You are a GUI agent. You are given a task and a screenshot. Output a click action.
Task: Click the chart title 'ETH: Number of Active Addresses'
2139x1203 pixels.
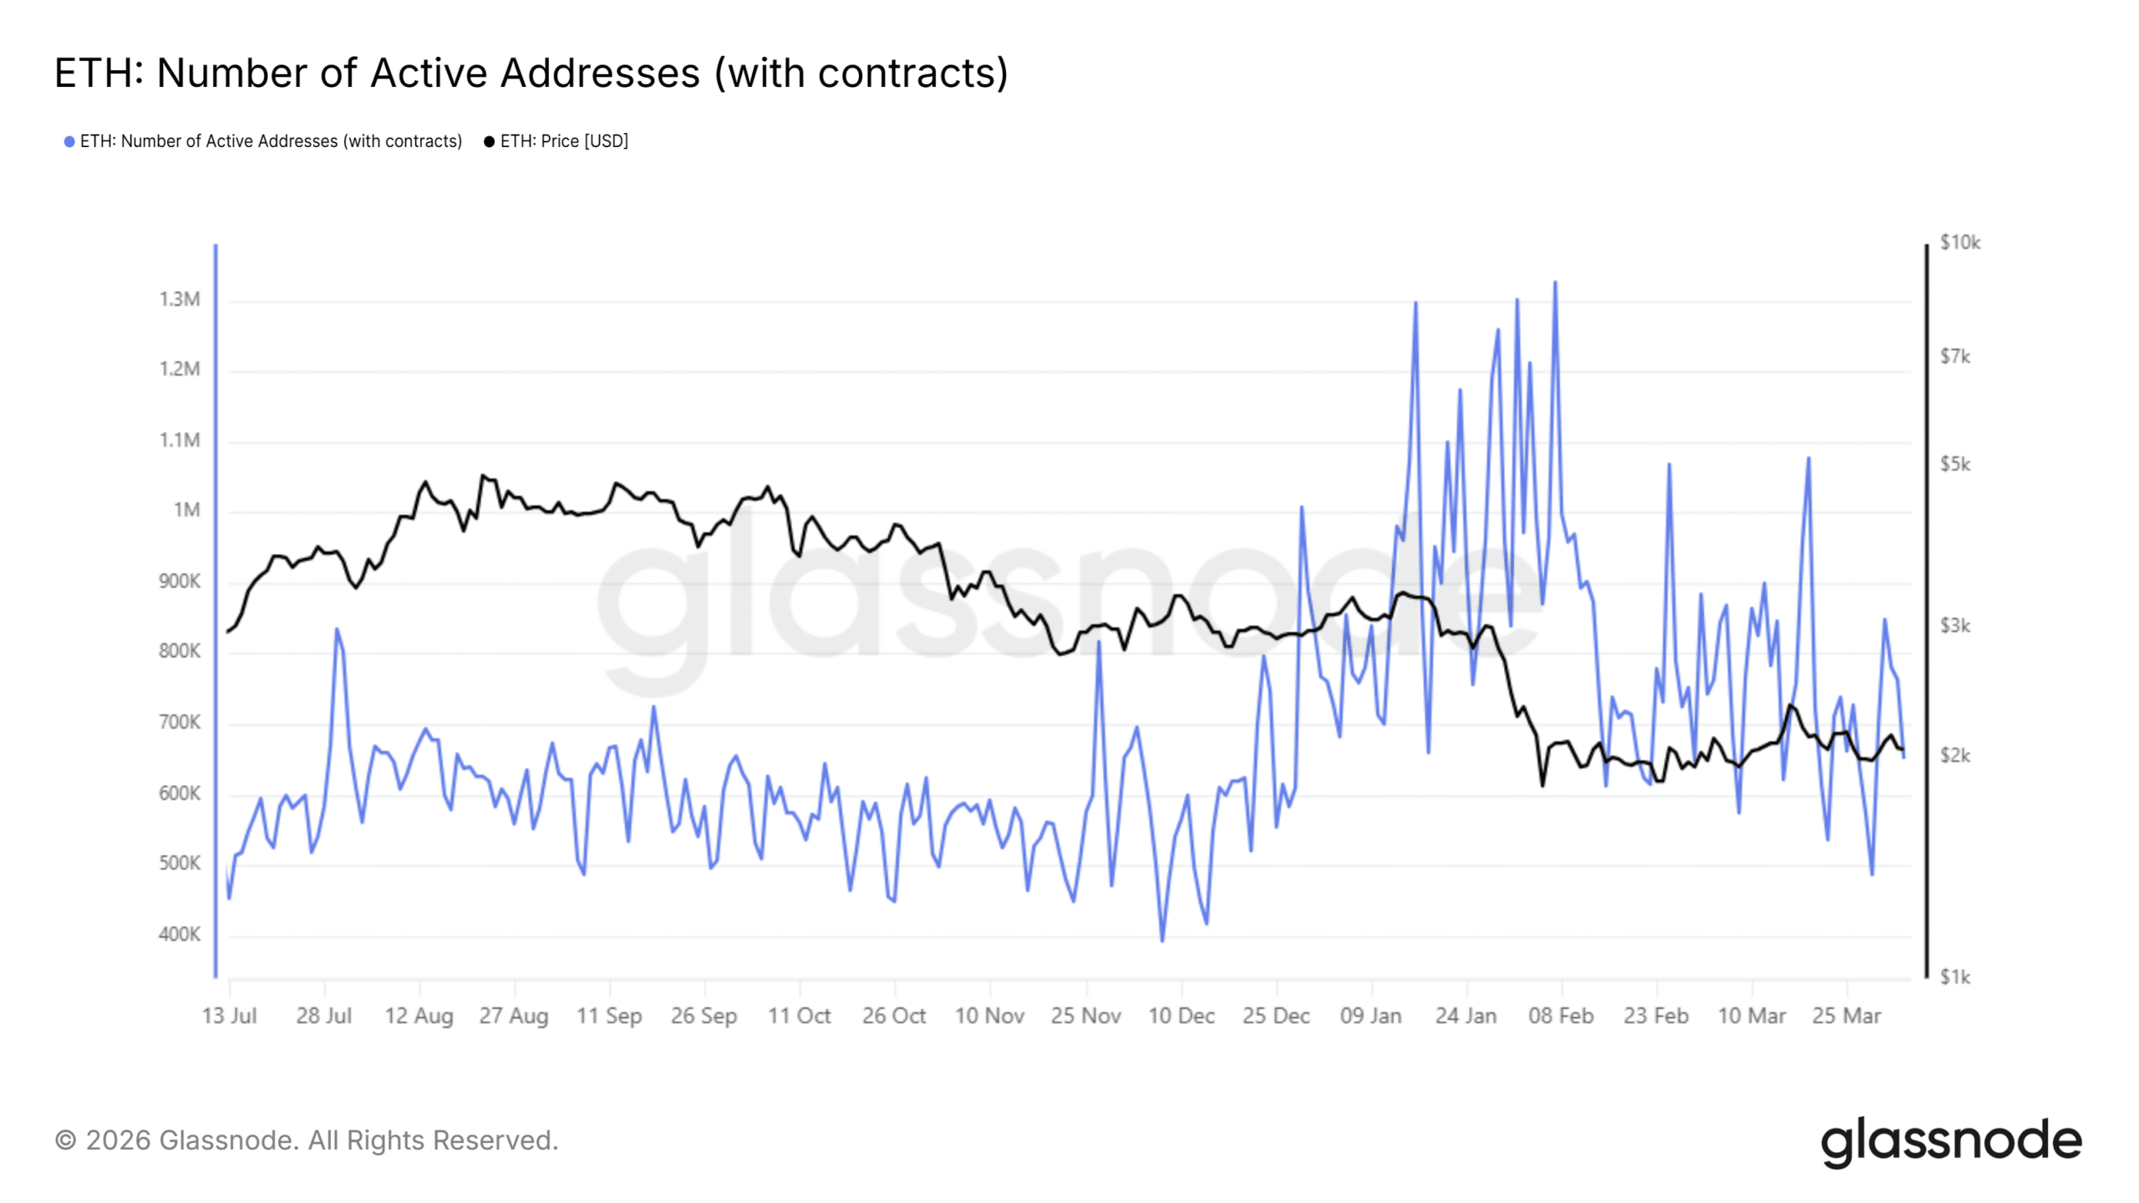(x=531, y=74)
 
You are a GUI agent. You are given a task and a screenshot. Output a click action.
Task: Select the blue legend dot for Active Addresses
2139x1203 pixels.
(x=69, y=142)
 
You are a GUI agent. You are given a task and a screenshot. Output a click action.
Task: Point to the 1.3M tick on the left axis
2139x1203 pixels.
(x=180, y=299)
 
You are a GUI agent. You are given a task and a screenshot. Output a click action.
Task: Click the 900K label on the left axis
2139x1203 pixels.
(x=180, y=581)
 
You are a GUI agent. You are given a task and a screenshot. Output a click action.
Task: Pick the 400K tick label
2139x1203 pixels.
(x=180, y=934)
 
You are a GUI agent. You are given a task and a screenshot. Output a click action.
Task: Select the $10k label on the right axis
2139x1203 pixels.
(x=1959, y=242)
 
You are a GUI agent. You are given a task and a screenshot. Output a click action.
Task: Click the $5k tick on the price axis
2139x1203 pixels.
(x=1955, y=464)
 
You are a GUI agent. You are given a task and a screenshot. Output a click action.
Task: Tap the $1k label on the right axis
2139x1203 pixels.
(x=1955, y=977)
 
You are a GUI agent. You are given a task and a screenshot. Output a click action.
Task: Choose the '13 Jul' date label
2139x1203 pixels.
(x=229, y=1016)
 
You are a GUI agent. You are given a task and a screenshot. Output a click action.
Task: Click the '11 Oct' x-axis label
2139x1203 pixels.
(x=799, y=1016)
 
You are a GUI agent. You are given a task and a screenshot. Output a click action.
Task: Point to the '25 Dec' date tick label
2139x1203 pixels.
(x=1276, y=1016)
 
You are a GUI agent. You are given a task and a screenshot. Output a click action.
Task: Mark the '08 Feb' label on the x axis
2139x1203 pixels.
(x=1561, y=1016)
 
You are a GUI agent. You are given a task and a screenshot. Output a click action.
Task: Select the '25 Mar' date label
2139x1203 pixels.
(x=1847, y=1016)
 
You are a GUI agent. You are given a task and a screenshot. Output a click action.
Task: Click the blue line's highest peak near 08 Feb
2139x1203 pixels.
(x=1555, y=282)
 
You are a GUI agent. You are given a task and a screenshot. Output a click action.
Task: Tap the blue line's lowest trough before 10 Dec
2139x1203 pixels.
(x=1162, y=941)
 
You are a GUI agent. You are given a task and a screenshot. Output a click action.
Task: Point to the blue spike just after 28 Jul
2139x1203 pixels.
(x=337, y=629)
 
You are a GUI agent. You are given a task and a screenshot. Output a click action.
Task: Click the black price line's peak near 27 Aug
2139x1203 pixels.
(x=482, y=475)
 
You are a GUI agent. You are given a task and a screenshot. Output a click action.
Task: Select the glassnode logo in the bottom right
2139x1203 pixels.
(x=1951, y=1141)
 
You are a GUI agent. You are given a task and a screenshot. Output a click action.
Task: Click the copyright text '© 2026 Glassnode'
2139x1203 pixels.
(x=306, y=1141)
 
